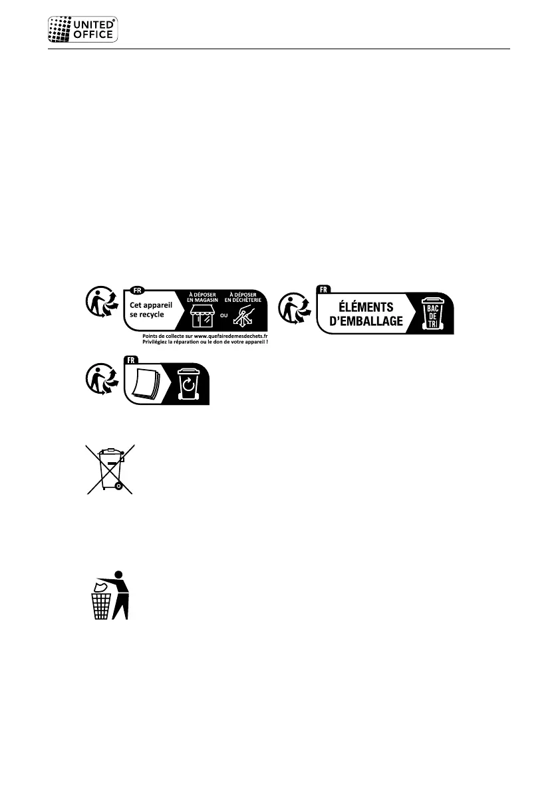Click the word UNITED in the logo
pos(94,25)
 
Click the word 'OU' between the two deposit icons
pos(223,316)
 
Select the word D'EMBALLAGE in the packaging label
pos(366,321)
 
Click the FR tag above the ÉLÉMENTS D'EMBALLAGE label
pos(324,290)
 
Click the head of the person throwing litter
pos(119,575)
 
